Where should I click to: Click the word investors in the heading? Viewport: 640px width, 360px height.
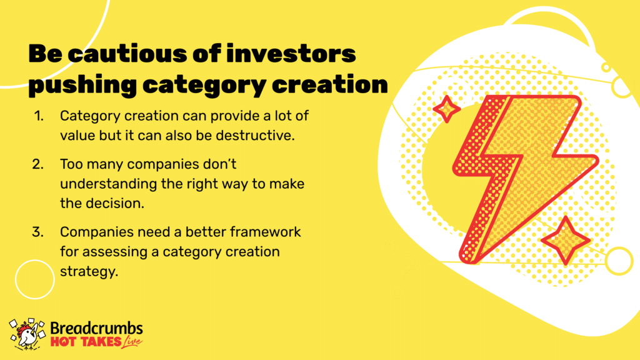pos(291,54)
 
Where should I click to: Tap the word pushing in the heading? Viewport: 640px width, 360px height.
pos(82,85)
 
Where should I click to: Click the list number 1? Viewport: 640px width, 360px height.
pos(38,116)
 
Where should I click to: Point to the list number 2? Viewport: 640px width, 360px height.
pos(38,164)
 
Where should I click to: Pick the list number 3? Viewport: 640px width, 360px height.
pos(38,232)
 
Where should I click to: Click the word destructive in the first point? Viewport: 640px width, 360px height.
pos(255,136)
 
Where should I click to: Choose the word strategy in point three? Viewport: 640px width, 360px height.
pos(89,272)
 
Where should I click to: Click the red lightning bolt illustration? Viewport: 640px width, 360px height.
pos(524,178)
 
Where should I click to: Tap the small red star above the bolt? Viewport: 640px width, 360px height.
pos(446,109)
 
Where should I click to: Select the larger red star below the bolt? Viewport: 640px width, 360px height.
pos(565,241)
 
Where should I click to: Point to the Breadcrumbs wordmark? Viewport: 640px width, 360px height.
pos(96,328)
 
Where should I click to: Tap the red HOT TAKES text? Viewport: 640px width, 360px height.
pos(86,342)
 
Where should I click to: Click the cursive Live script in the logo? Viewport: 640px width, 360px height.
pos(132,342)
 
